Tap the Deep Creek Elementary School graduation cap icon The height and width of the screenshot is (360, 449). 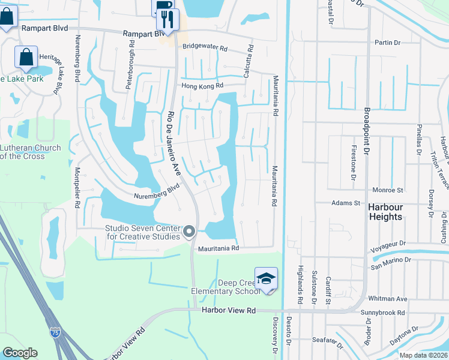point(266,278)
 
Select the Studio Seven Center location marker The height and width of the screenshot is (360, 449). point(190,231)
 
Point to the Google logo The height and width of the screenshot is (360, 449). point(20,353)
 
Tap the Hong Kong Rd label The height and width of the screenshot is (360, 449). point(202,86)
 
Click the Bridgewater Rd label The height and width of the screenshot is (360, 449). point(205,47)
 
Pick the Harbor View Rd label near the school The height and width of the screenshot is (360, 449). point(229,310)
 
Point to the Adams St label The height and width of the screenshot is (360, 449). point(346,203)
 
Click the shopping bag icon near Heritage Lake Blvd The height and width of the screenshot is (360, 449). point(26,58)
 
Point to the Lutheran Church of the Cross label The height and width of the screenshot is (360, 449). point(30,152)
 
